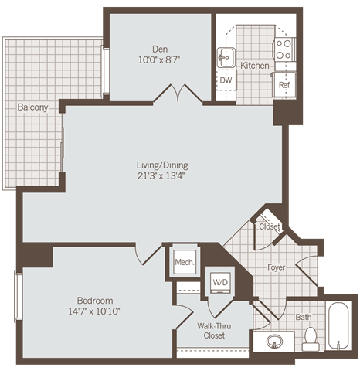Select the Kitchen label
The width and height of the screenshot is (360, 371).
(x=254, y=66)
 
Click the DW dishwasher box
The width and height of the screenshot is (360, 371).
(x=226, y=80)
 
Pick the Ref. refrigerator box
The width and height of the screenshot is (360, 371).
(x=284, y=84)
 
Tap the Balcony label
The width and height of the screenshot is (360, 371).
(x=33, y=107)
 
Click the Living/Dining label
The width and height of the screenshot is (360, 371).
(x=162, y=165)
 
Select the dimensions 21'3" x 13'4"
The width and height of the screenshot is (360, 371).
(x=162, y=177)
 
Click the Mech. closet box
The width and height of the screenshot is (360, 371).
(x=184, y=263)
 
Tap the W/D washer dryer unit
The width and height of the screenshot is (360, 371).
(x=219, y=282)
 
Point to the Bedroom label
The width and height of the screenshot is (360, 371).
(x=95, y=300)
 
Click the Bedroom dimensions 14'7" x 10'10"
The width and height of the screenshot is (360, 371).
(x=95, y=311)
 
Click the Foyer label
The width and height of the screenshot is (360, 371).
(x=277, y=269)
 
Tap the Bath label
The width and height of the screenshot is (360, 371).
(x=304, y=317)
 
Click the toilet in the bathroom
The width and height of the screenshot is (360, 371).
(x=311, y=337)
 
